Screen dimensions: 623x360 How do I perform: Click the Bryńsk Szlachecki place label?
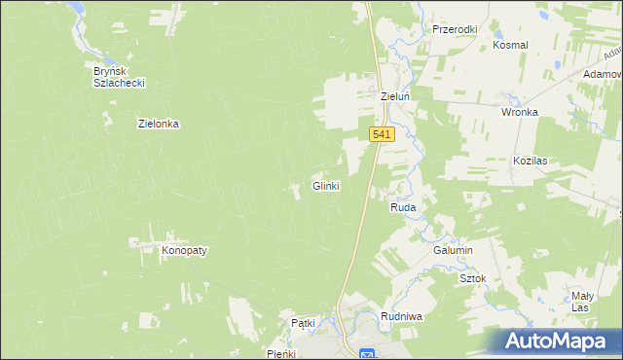[x=119, y=77]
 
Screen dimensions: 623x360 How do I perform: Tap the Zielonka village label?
[x=160, y=125]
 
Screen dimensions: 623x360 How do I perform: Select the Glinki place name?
[x=325, y=186]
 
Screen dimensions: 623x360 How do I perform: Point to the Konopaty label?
[x=184, y=250]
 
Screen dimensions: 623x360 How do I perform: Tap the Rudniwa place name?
[x=401, y=316]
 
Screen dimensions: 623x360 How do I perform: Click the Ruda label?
[x=403, y=208]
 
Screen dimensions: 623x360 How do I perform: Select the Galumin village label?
[x=453, y=250]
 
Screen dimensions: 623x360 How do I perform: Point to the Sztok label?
[x=472, y=278]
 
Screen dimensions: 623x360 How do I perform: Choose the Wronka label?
[x=520, y=112]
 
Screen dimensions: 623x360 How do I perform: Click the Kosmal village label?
[x=510, y=46]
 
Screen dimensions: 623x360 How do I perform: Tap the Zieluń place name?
[x=397, y=97]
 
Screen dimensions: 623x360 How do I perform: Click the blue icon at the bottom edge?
[x=367, y=354]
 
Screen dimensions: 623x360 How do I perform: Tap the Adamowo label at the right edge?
[x=603, y=74]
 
